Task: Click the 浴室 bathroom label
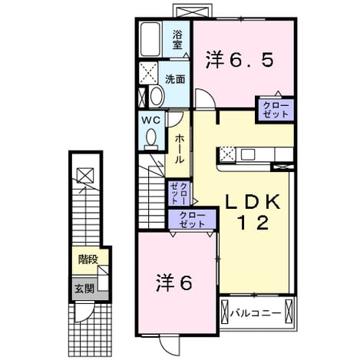click(x=177, y=39)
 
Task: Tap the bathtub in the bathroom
click(x=150, y=39)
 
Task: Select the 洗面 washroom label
click(x=175, y=79)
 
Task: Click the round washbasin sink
click(x=157, y=96)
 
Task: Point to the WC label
click(x=151, y=120)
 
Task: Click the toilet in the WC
click(x=151, y=139)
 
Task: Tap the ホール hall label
click(x=179, y=150)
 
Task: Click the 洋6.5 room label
click(x=239, y=60)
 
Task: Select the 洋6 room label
click(x=174, y=283)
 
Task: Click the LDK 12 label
click(x=253, y=212)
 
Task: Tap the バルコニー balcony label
click(x=256, y=313)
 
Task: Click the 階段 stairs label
click(x=88, y=259)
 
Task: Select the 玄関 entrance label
click(x=84, y=289)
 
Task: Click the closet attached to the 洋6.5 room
click(x=276, y=110)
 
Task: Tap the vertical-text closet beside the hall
click(x=180, y=193)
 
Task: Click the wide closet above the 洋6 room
click(x=192, y=220)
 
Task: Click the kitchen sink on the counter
click(x=248, y=154)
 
